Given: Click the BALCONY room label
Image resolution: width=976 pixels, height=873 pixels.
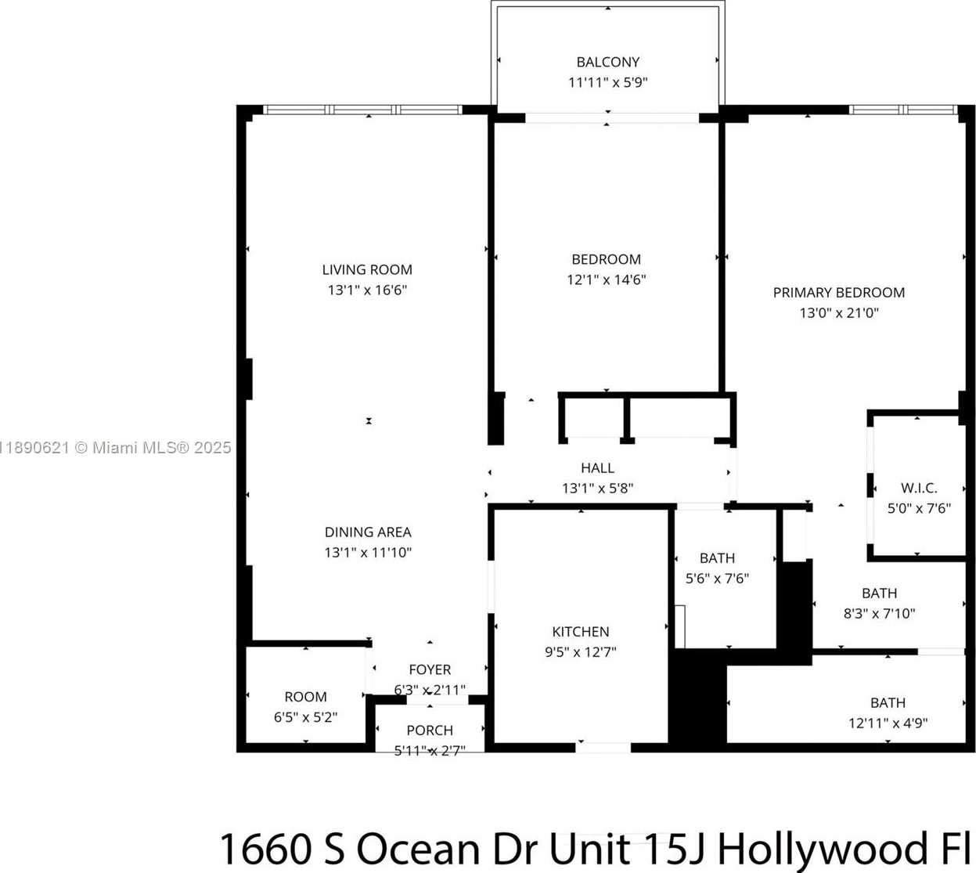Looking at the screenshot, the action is click(607, 62).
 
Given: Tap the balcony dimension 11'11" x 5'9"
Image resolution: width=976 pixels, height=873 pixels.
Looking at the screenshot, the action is click(607, 82).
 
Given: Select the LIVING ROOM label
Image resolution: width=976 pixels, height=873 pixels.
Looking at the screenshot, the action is click(367, 269).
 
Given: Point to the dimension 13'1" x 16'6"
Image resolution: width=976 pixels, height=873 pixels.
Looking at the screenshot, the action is click(367, 290).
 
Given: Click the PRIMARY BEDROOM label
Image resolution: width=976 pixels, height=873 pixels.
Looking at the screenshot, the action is click(839, 293).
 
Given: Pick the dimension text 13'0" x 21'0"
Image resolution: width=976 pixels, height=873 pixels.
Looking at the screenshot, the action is click(839, 313).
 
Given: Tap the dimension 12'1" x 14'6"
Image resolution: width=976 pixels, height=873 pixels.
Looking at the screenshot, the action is click(606, 280).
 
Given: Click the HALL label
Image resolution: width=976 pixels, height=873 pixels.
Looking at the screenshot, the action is click(597, 467).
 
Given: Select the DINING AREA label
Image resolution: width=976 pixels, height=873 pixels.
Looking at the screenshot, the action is click(368, 532).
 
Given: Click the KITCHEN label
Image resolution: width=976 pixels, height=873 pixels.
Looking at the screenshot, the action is click(581, 632).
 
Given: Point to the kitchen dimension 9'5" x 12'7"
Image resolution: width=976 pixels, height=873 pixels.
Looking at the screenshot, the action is click(581, 651).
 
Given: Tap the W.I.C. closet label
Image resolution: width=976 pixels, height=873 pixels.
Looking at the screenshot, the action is click(919, 488).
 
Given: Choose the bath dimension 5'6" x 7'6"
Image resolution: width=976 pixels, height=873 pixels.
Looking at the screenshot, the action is click(717, 578).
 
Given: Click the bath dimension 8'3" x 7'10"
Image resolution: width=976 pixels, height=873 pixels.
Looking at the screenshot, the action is click(879, 613).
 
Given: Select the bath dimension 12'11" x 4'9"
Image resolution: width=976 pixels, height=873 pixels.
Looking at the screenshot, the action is click(888, 723).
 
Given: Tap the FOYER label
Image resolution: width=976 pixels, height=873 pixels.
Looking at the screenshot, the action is click(430, 669).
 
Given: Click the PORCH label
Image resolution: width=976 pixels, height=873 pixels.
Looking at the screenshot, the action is click(430, 731).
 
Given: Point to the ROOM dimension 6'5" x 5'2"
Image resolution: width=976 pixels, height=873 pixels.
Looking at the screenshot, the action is click(305, 717).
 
